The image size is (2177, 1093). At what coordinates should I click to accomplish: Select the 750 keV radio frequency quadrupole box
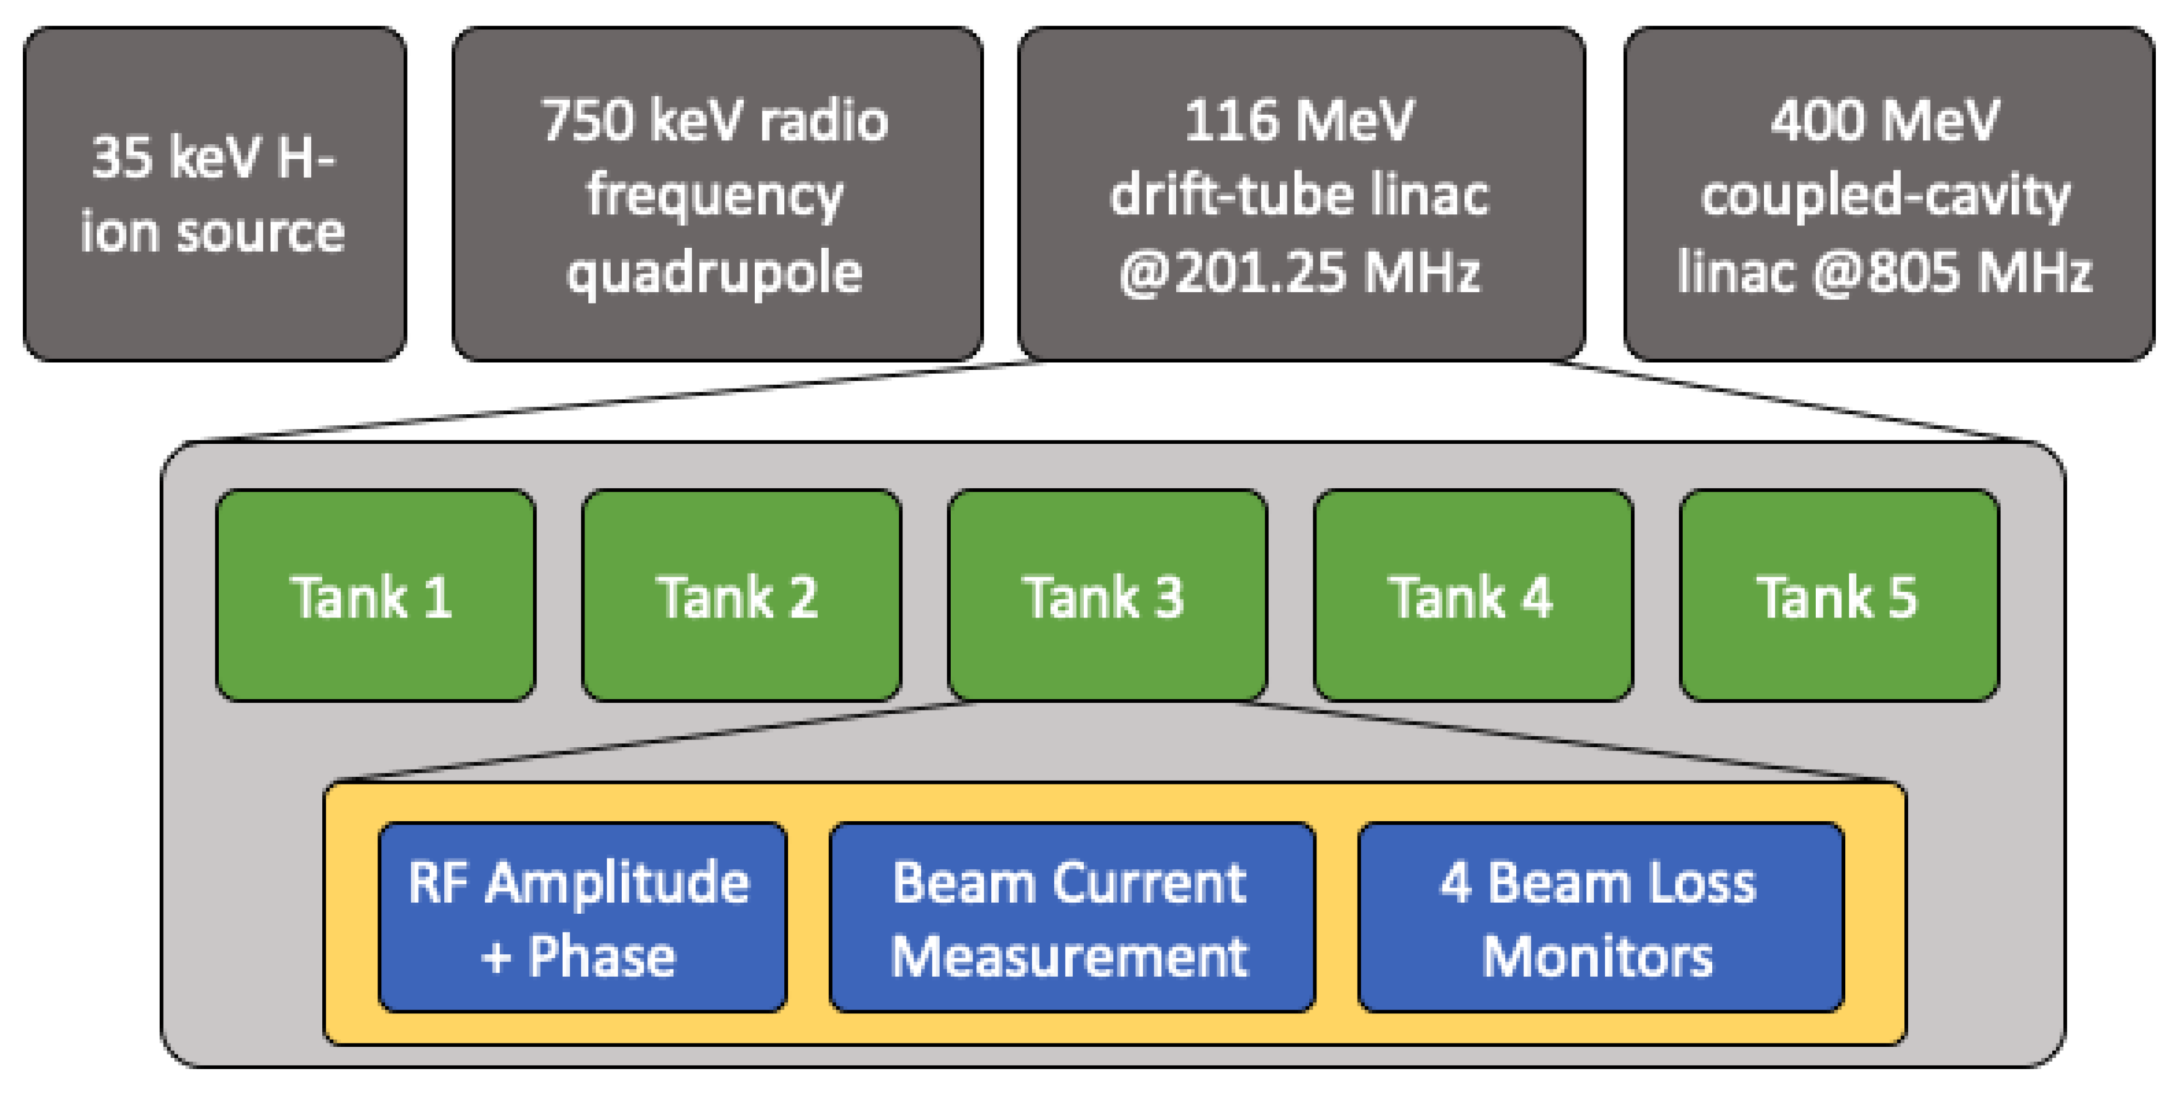pos(716,194)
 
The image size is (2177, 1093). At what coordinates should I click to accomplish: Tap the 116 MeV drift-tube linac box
pos(1301,194)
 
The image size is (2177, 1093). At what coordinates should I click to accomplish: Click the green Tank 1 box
pos(375,596)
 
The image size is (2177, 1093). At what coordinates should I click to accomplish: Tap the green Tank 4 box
pos(1473,596)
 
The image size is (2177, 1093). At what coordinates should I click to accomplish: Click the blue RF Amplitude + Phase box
pos(582,917)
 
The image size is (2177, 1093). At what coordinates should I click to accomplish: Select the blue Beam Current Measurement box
pos(1072,917)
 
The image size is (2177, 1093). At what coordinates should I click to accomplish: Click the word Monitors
pos(1598,957)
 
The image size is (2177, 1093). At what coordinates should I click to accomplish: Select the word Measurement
pos(1070,957)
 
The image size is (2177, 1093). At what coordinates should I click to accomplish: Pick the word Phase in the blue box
pos(602,957)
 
